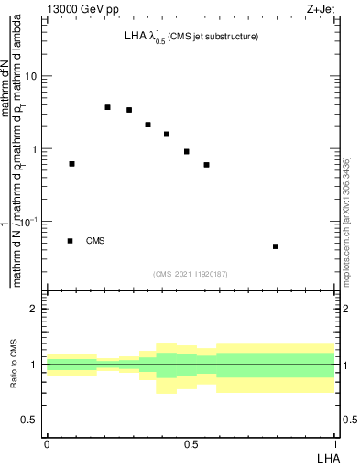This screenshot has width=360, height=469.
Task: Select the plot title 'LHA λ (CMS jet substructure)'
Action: click(191, 38)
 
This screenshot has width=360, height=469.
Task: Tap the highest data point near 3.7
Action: click(108, 107)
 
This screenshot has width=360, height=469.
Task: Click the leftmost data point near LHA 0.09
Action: click(72, 164)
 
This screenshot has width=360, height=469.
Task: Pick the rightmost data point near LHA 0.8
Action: click(276, 246)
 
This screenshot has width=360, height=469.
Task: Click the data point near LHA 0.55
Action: click(207, 165)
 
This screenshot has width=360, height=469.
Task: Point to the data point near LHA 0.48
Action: click(187, 151)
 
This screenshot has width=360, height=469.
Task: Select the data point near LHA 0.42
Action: click(167, 134)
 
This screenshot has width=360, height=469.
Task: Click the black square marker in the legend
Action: click(71, 241)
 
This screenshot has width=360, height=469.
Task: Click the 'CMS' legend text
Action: click(95, 241)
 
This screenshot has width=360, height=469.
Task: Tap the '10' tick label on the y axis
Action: click(31, 76)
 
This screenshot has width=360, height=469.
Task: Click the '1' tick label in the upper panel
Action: click(35, 149)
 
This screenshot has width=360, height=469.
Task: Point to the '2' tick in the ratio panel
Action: click(36, 309)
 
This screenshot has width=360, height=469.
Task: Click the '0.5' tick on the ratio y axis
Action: click(30, 420)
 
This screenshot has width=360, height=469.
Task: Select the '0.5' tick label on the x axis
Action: click(191, 443)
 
